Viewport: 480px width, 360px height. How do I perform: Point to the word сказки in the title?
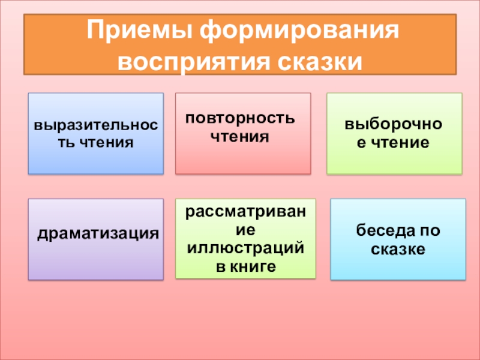point(320,61)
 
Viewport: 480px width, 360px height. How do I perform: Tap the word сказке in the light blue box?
point(398,248)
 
